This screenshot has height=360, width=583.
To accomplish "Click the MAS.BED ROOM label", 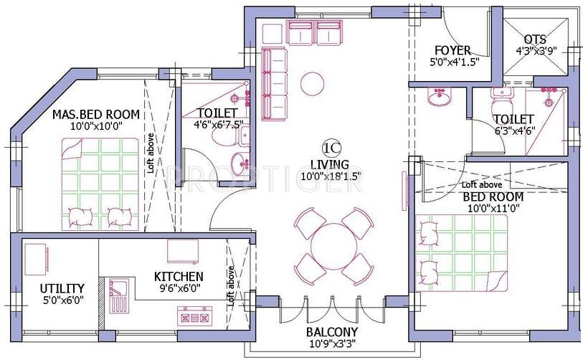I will coord(96,115).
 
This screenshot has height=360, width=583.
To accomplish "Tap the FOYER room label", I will coord(452,50).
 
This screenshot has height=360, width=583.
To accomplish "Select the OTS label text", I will coord(536,39).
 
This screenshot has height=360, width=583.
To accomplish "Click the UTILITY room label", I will coord(62,288).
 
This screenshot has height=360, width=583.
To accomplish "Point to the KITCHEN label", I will coord(179,276).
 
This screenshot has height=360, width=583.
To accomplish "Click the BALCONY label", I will coord(331,332).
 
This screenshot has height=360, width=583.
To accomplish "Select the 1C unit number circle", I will coord(331,148).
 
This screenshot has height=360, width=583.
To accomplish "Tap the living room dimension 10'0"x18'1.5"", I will coord(331,174).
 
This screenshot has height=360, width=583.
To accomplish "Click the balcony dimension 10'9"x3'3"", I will coord(331,345).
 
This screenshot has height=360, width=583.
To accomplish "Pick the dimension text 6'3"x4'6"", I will coord(514,131).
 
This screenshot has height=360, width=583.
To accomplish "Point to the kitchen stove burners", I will coord(193,315).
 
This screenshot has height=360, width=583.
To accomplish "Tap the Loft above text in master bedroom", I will coord(150,153).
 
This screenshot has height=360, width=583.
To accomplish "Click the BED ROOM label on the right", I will coord(492,196).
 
